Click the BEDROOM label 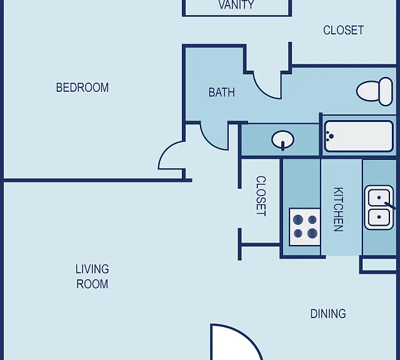(x=82, y=87)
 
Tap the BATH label (x=222, y=92)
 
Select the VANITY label (x=236, y=5)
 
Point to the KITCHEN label (x=339, y=209)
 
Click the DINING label (x=328, y=314)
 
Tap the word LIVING (x=92, y=269)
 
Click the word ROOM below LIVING (x=92, y=284)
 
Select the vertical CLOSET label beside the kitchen (x=261, y=196)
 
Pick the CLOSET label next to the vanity (x=343, y=31)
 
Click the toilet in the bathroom (x=374, y=91)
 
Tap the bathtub (x=359, y=136)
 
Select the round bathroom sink (x=282, y=139)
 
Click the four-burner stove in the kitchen (x=305, y=227)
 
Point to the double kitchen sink (x=379, y=207)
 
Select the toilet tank (x=386, y=91)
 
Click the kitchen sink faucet (x=390, y=205)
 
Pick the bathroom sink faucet (x=282, y=146)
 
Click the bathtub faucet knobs (x=330, y=136)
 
